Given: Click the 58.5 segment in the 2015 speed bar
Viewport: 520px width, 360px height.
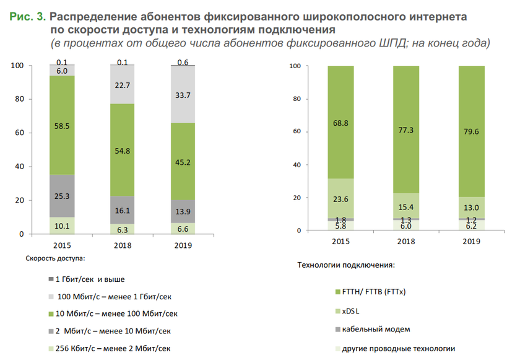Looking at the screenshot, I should [62, 125].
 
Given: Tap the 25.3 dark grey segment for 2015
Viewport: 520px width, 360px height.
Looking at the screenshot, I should [62, 196].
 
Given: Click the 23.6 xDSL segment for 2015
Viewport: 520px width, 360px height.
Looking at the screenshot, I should [340, 199].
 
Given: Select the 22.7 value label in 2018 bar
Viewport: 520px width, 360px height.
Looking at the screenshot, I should [123, 85].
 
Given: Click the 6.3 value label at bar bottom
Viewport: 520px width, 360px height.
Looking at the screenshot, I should [123, 229].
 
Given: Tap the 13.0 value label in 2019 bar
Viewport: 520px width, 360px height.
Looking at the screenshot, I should [472, 208].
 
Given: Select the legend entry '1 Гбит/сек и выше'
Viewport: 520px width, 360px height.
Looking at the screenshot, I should [93, 279].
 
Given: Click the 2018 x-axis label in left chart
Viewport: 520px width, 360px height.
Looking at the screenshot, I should [123, 246].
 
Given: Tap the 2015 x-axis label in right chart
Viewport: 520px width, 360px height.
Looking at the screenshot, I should [340, 242].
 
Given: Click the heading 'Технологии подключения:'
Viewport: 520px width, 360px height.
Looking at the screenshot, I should [346, 265].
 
